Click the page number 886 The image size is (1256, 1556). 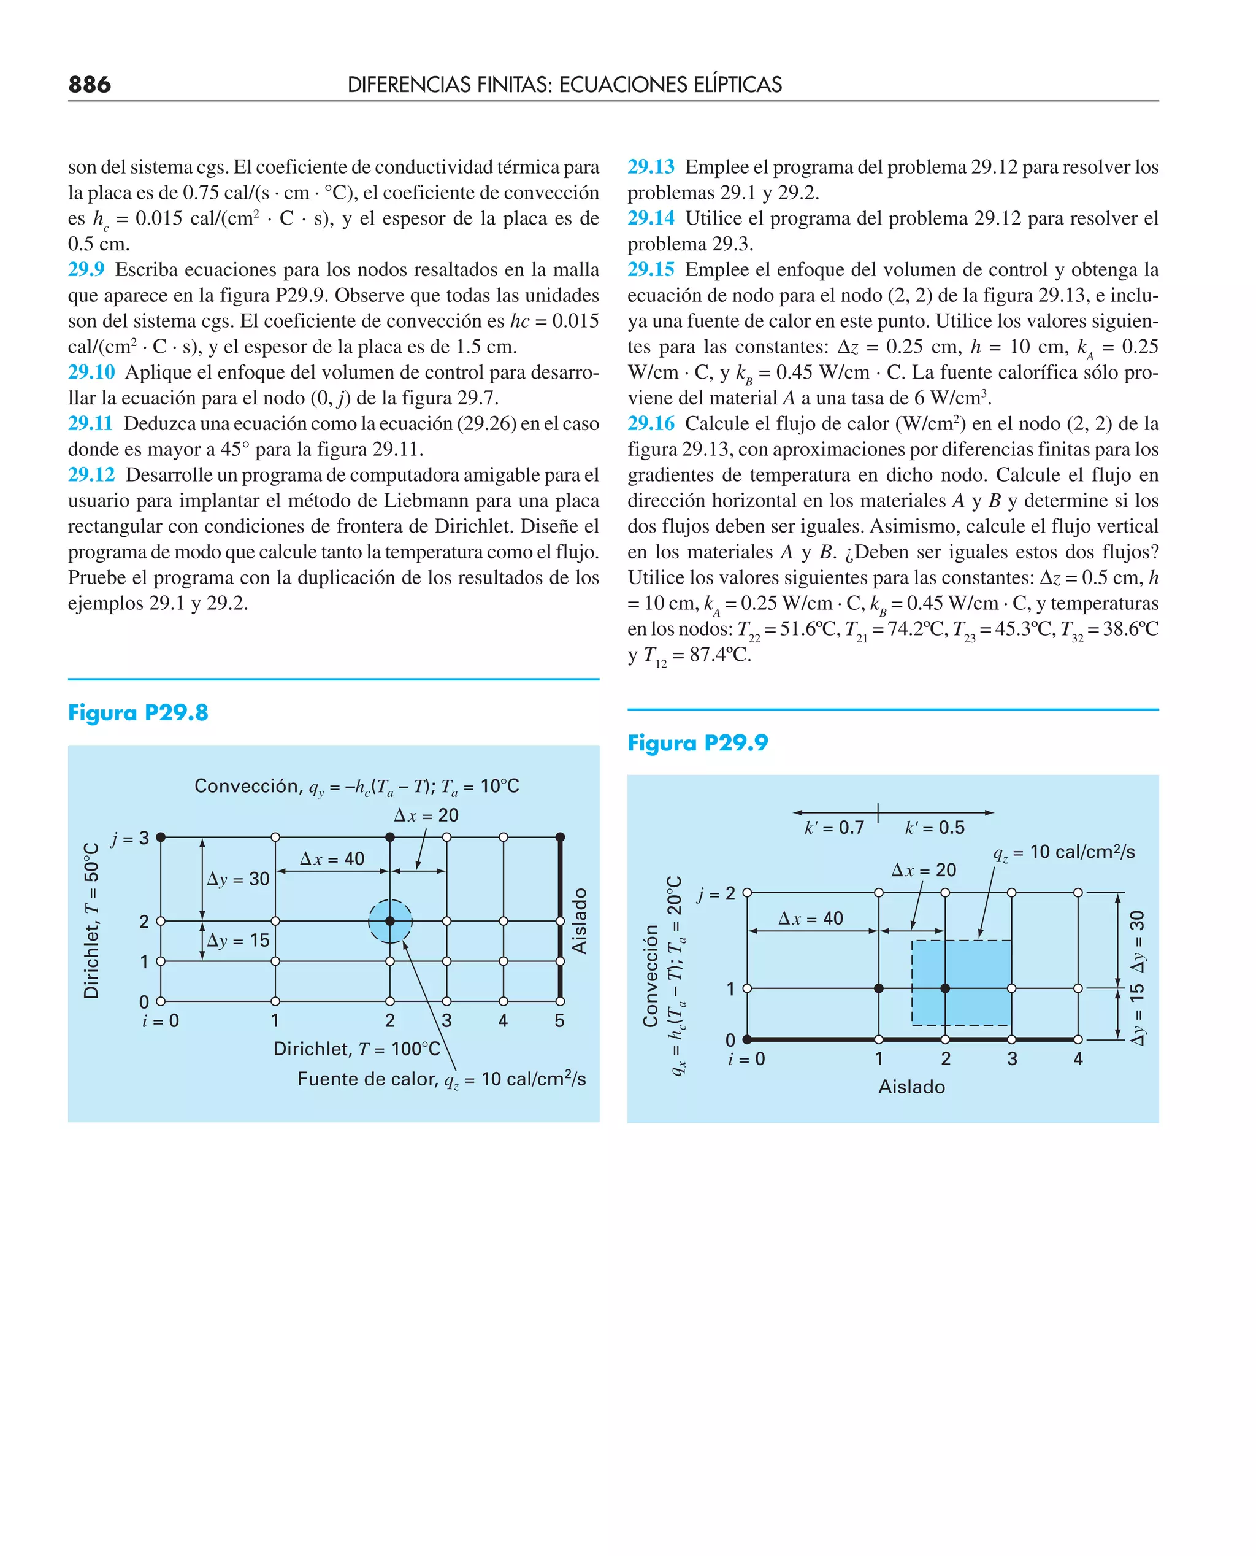click(90, 85)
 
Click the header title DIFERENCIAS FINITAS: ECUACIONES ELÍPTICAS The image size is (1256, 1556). click(564, 85)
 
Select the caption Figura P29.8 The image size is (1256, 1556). click(137, 713)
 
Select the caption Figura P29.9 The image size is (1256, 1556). click(697, 742)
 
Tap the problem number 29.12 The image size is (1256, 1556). click(91, 475)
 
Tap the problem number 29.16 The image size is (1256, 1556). click(651, 423)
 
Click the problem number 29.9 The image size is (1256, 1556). click(86, 269)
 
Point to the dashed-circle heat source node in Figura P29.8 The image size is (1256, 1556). click(390, 920)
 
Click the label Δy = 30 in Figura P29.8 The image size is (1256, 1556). click(238, 879)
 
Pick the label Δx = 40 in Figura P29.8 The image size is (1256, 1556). click(332, 858)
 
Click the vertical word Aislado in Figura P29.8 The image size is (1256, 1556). click(579, 920)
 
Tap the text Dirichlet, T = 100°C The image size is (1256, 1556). click(357, 1049)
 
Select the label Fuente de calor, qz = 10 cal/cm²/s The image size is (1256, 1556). click(442, 1079)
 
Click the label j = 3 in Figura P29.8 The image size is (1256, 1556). click(130, 838)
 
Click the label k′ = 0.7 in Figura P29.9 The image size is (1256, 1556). click(834, 827)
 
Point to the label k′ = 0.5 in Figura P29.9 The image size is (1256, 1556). click(935, 827)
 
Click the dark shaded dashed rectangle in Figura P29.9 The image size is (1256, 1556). click(961, 982)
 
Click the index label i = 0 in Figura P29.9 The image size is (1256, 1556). click(746, 1059)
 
